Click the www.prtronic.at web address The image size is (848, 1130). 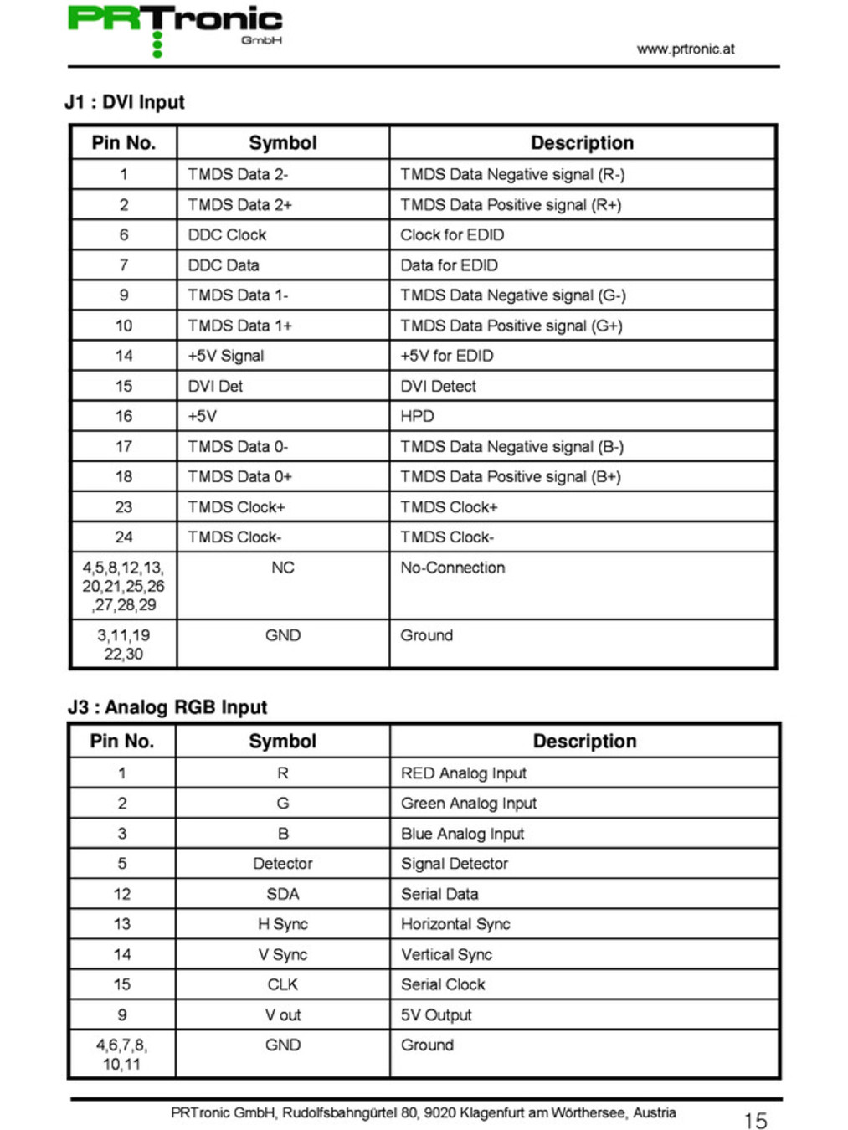point(685,49)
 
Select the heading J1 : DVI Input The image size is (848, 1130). point(125,102)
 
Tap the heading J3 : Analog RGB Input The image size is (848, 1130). point(167,707)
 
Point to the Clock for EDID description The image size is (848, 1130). point(452,235)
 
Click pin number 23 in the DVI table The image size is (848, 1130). point(124,507)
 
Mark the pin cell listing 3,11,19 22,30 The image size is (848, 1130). point(124,645)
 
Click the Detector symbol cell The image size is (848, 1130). point(283,864)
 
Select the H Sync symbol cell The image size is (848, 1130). point(283,924)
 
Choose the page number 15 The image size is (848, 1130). point(755,1121)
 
